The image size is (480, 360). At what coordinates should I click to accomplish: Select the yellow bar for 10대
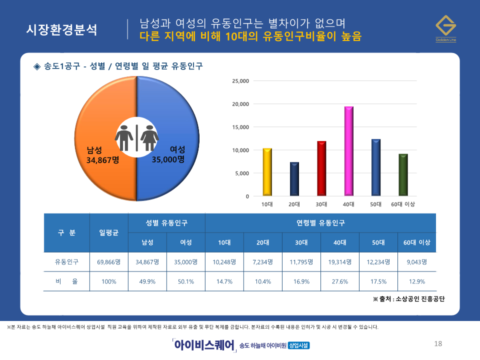[267, 172]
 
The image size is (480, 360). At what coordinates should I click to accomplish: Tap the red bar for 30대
[321, 168]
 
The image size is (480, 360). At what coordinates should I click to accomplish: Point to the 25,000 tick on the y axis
[240, 81]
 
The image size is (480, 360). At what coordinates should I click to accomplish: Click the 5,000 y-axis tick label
[241, 173]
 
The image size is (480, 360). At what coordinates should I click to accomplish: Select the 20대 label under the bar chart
[294, 204]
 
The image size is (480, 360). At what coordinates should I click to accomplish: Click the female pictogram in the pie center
[149, 137]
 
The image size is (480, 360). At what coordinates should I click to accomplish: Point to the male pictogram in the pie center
[124, 137]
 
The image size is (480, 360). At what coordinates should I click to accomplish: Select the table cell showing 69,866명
[109, 261]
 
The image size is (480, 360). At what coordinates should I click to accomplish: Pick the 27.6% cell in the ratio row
[340, 281]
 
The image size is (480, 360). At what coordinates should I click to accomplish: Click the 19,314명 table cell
[340, 261]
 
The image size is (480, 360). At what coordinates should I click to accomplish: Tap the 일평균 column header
[109, 232]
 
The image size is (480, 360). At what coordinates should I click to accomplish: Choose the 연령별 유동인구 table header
[320, 222]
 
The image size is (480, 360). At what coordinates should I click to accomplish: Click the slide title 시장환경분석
[61, 29]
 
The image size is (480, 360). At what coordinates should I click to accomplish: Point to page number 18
[438, 343]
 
